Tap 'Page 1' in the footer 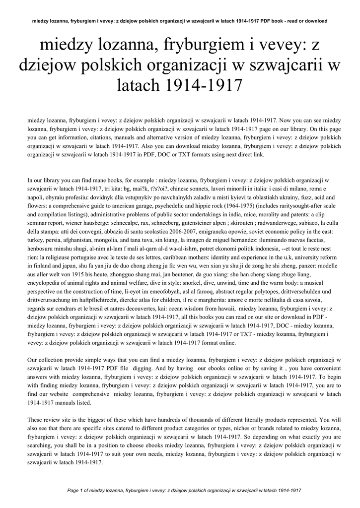click(x=76, y=490)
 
